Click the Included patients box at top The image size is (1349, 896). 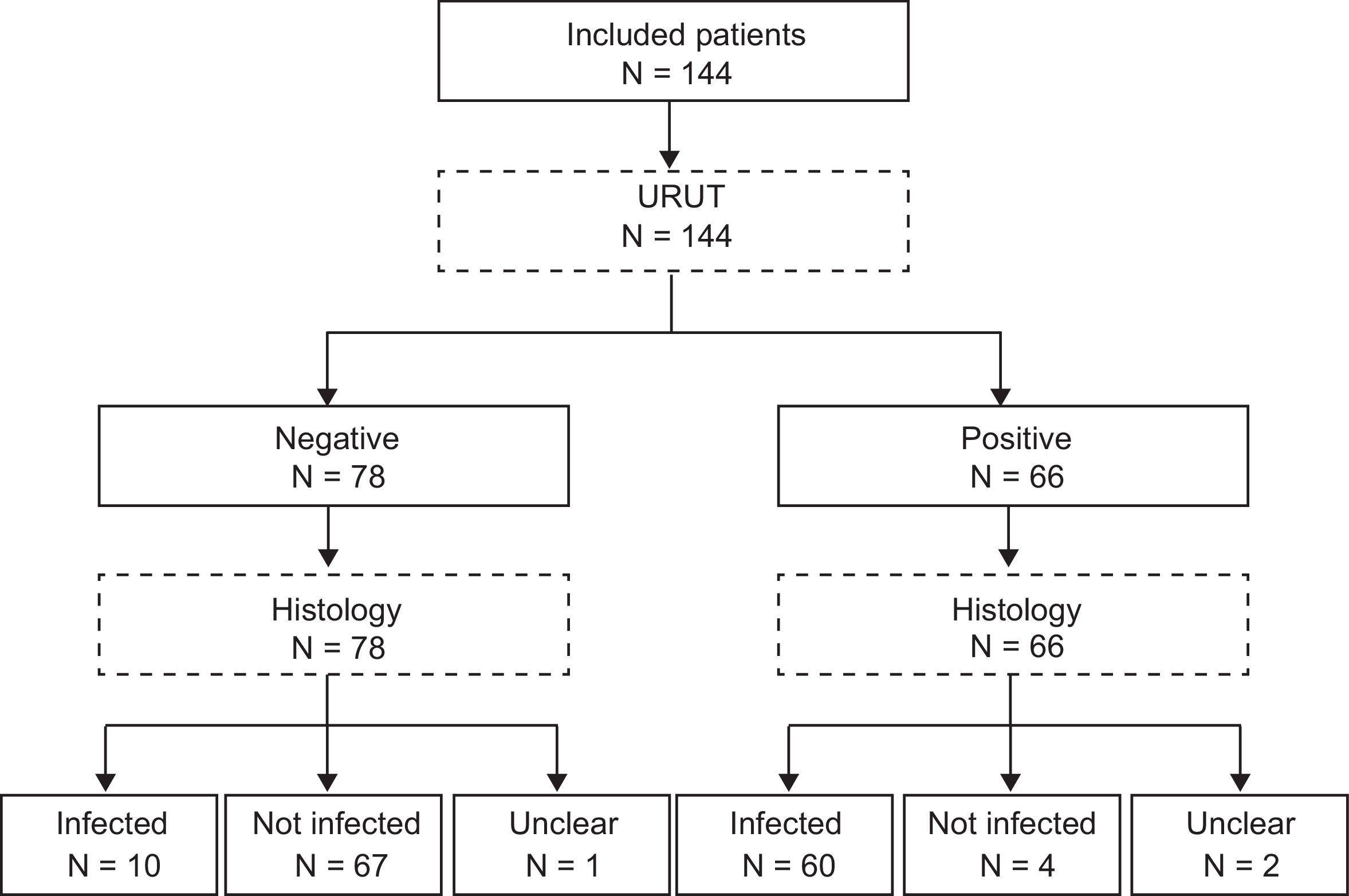tap(673, 52)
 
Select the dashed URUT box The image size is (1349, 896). tap(673, 221)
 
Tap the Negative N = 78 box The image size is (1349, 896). tap(333, 456)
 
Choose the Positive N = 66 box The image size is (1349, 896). tap(1013, 456)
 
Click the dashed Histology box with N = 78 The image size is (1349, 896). tap(333, 624)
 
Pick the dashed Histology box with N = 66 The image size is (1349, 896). tap(1013, 624)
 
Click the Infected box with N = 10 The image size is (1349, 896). tap(109, 844)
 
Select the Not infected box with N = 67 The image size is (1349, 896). tap(333, 844)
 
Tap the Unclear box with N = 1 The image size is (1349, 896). tap(561, 844)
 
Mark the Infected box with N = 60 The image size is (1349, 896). tap(784, 844)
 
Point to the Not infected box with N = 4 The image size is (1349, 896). tap(1012, 844)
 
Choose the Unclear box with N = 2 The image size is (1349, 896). tap(1240, 844)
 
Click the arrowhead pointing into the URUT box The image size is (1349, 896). tap(669, 159)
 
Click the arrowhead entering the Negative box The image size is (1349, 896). tap(327, 396)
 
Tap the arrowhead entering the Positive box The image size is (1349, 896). tap(1000, 396)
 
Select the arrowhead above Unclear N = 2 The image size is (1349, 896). tap(1240, 782)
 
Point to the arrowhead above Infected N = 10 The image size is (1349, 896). tap(105, 782)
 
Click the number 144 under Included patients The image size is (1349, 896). tap(707, 74)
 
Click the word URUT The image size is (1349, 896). tap(681, 197)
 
